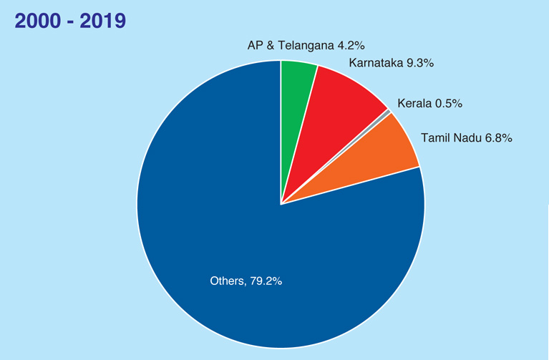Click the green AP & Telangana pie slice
(296, 100)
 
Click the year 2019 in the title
(102, 21)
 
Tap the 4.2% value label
(351, 47)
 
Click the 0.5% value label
(448, 103)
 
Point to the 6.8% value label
(497, 137)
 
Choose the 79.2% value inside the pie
(266, 281)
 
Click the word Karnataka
(376, 63)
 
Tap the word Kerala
(414, 103)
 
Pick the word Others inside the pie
(227, 281)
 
